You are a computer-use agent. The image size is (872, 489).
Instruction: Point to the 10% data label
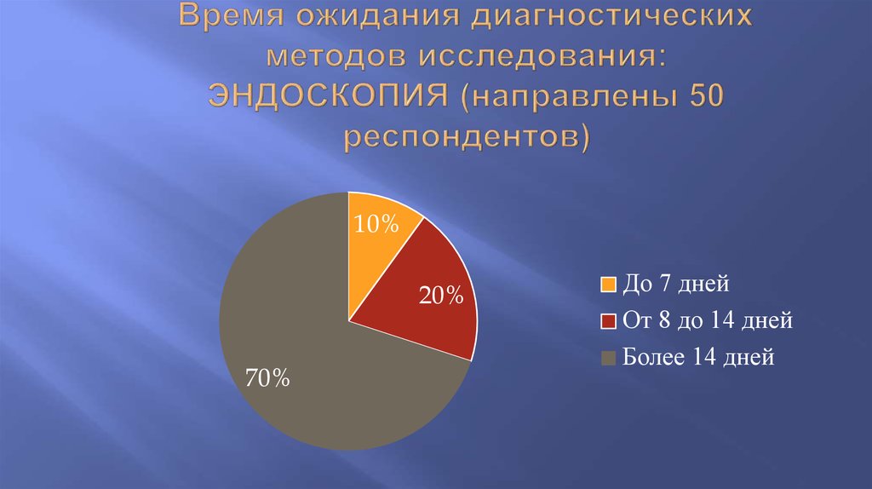(377, 224)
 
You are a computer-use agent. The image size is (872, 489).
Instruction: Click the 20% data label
(441, 296)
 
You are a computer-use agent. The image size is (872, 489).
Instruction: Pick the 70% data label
(267, 377)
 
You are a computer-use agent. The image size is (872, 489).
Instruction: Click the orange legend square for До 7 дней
(608, 284)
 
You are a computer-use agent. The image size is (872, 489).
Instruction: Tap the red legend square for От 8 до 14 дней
(608, 321)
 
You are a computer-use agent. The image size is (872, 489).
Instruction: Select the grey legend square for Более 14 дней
(608, 359)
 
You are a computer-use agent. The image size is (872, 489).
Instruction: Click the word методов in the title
(337, 55)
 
